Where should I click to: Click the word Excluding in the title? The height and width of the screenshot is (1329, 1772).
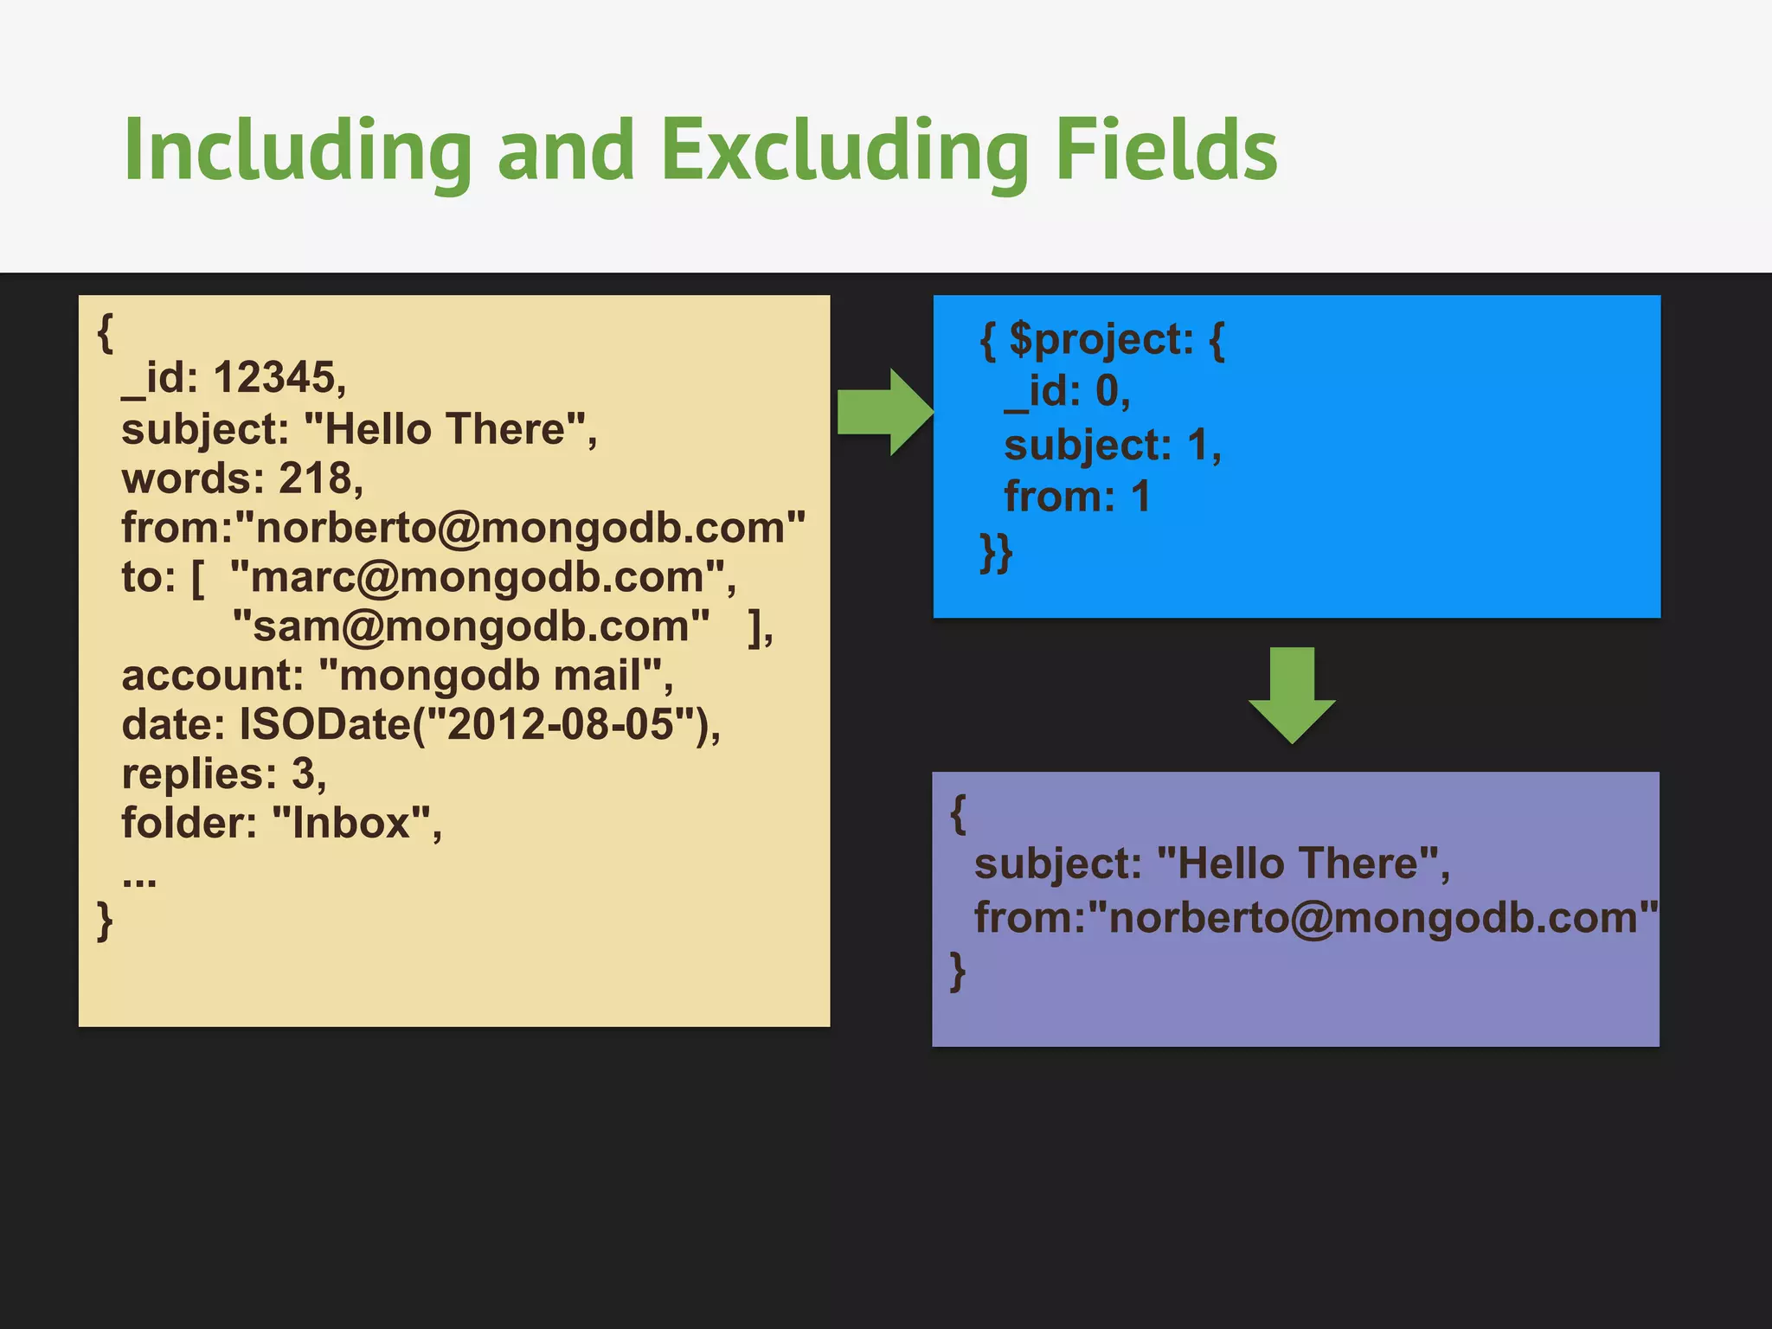click(844, 151)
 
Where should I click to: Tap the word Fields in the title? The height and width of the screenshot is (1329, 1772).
click(1165, 151)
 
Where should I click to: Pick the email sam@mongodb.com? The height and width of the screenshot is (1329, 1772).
click(472, 626)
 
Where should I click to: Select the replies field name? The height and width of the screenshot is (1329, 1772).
click(198, 774)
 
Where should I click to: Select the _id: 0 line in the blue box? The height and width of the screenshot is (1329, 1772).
click(1067, 391)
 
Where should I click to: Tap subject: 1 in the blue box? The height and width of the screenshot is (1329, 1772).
click(1112, 446)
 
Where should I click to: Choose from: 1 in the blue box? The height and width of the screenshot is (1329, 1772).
click(1076, 497)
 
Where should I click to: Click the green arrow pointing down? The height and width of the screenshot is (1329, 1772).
click(1292, 694)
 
